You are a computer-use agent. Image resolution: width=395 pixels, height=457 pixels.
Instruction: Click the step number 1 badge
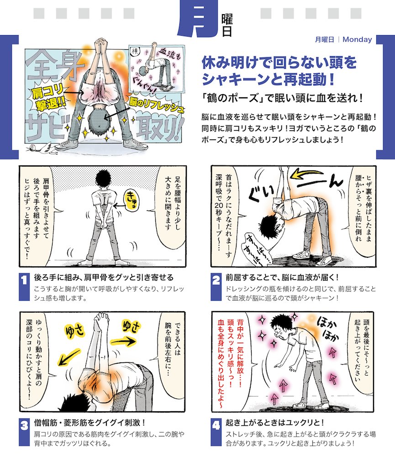(25, 287)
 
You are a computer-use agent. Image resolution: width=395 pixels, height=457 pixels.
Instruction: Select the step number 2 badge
(216, 287)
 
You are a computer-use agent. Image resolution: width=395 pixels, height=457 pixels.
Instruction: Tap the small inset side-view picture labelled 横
(158, 69)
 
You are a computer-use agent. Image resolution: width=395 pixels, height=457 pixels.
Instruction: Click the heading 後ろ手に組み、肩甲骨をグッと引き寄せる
(104, 278)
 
